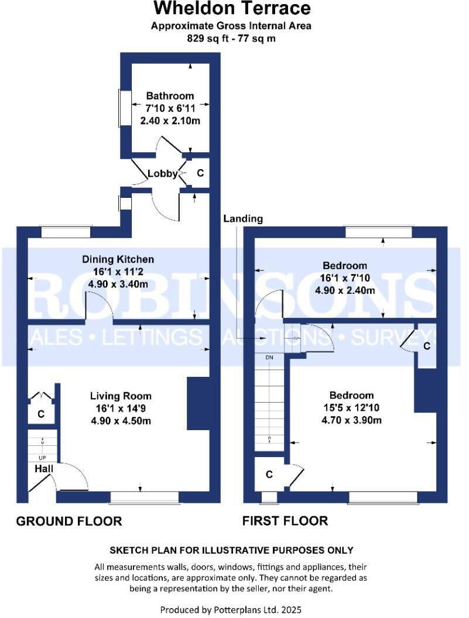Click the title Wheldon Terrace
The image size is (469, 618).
point(232,9)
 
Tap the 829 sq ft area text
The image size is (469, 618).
point(231,39)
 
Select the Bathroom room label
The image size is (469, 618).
point(170,95)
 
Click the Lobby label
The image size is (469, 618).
point(162,173)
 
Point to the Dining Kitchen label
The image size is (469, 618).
point(118,259)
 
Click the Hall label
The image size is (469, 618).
point(44,469)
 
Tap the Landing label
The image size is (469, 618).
point(243,218)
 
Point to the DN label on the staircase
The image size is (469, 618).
point(269,356)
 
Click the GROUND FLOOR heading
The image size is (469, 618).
point(69,521)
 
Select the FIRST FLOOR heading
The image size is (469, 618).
point(285,521)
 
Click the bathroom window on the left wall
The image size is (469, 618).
point(124,108)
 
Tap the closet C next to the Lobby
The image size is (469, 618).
point(200,173)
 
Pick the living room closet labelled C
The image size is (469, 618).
point(41,414)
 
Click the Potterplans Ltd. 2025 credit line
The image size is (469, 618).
point(231,609)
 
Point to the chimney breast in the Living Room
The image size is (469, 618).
point(198,404)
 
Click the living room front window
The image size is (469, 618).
point(145,497)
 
